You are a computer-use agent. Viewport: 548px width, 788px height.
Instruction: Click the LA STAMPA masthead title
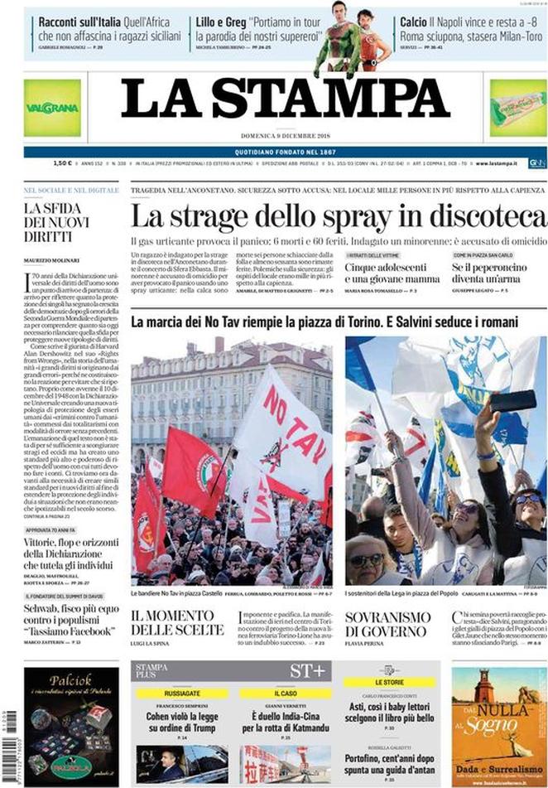[x=285, y=99]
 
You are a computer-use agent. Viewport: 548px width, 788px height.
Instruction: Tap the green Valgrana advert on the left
[x=52, y=108]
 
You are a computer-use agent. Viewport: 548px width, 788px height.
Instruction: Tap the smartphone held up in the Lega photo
[x=513, y=401]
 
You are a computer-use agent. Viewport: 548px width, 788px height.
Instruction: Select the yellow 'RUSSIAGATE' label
[x=183, y=693]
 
